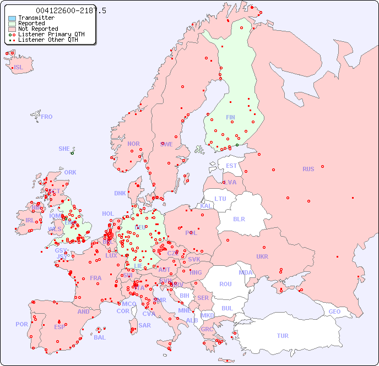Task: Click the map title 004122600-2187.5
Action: tap(71, 10)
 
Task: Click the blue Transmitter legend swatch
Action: tap(12, 18)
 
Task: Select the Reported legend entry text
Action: tap(31, 23)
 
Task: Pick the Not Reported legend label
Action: tap(38, 29)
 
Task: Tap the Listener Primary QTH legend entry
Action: tap(51, 34)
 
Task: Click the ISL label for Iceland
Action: tap(19, 68)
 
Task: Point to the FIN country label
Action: tap(230, 117)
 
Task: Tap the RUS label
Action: tap(308, 169)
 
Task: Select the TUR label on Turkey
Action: tap(283, 336)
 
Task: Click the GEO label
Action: tap(334, 312)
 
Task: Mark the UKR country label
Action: tap(262, 256)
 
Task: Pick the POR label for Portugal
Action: tap(21, 324)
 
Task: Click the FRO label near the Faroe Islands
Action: tap(47, 117)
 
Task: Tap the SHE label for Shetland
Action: tap(64, 149)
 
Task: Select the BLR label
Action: tap(239, 218)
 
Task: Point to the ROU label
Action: tap(225, 284)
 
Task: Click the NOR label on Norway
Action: tap(133, 144)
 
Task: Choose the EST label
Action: tap(231, 166)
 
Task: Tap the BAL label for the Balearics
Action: tap(100, 337)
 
